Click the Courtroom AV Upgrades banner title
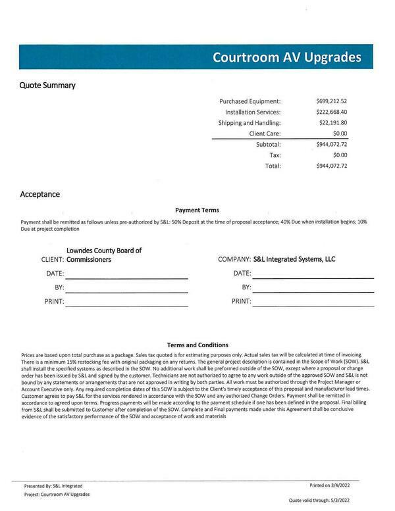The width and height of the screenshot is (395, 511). click(286, 57)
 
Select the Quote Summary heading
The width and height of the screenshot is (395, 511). click(47, 85)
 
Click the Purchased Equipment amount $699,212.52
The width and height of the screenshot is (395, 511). click(331, 101)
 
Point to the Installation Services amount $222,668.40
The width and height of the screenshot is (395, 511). click(331, 112)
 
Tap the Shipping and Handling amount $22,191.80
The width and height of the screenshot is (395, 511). click(332, 123)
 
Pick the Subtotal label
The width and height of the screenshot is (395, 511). click(268, 144)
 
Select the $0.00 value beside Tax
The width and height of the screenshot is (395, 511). click(340, 155)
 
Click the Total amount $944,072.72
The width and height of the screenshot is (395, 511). click(331, 166)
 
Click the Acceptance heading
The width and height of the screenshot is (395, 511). click(40, 195)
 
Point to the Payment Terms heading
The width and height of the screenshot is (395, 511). click(197, 210)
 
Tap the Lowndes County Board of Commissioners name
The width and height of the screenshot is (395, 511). click(104, 255)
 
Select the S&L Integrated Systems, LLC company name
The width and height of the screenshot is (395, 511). click(294, 259)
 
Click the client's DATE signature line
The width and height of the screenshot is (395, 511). click(126, 278)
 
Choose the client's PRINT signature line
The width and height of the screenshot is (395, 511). click(126, 306)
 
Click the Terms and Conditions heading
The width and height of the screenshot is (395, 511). click(197, 345)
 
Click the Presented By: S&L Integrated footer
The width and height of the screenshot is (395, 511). click(53, 486)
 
